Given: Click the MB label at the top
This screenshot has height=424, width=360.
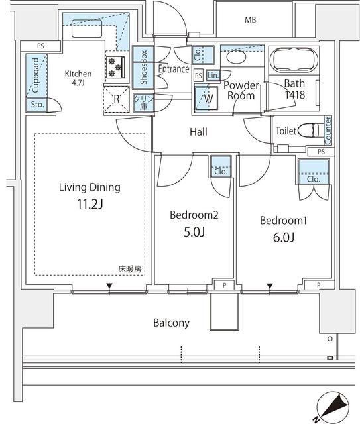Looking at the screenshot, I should coord(250,20).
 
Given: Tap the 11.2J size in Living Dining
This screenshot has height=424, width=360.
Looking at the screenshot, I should coord(90,205).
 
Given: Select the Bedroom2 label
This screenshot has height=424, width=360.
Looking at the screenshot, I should coord(194,215).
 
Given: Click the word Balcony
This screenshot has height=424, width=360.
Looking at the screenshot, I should coord(172,323).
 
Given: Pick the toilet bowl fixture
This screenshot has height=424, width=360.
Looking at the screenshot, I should coord(310,130).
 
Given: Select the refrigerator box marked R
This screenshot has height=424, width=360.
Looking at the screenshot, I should coord(116,100).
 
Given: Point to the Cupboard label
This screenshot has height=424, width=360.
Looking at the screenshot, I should coord(34,74).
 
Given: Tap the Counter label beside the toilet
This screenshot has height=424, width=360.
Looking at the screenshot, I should coord(328,130).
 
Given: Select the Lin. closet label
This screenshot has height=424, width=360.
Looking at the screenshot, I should coord(213,76).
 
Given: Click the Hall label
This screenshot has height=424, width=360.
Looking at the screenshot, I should coord(198,132).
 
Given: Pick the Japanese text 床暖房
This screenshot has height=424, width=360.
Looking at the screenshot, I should coord(130,269).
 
